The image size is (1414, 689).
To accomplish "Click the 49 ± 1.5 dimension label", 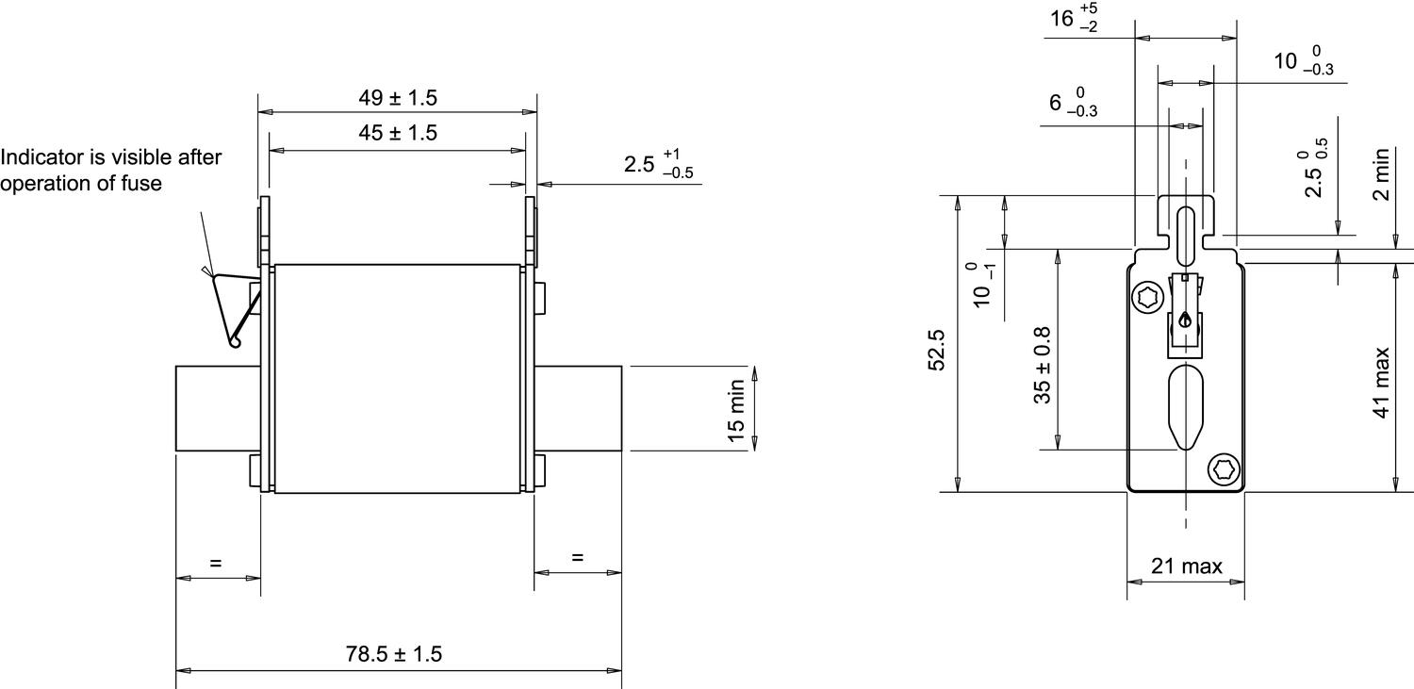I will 397,97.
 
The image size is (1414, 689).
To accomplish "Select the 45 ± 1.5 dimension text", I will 397,133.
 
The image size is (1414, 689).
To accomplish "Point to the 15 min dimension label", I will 736,409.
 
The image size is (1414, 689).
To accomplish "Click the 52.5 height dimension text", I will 937,350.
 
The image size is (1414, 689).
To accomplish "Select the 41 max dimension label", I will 1381,383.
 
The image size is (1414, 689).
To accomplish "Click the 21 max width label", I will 1186,566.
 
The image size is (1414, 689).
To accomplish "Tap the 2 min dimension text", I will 1381,174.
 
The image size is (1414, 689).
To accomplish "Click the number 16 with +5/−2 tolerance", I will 1062,18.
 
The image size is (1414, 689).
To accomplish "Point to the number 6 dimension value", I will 1056,102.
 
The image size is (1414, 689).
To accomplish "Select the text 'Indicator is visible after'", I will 111,156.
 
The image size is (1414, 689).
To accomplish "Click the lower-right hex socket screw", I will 1223,468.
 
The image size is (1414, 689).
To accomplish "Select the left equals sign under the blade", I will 216,563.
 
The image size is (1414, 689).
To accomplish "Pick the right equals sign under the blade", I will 577,557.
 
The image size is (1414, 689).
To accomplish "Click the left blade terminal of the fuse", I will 217,408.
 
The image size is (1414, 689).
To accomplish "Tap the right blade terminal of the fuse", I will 577,408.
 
